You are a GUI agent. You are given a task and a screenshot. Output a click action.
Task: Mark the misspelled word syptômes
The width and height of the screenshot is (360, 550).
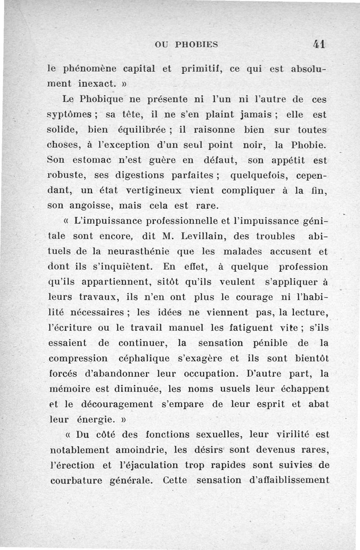(x=69, y=115)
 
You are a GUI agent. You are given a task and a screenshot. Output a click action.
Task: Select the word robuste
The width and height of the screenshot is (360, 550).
(x=64, y=176)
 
